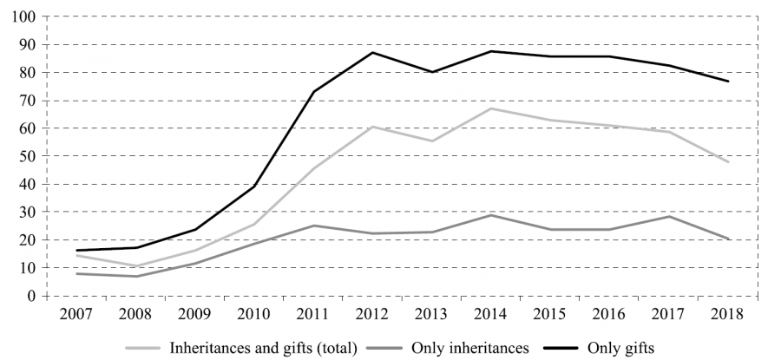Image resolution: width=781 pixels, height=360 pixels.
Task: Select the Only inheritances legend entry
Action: pos(469,348)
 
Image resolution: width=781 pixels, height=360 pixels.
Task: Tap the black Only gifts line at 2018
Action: pos(728,81)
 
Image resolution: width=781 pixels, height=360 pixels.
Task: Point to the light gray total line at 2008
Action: pos(136,265)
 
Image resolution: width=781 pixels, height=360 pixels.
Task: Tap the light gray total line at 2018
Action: pos(728,162)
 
